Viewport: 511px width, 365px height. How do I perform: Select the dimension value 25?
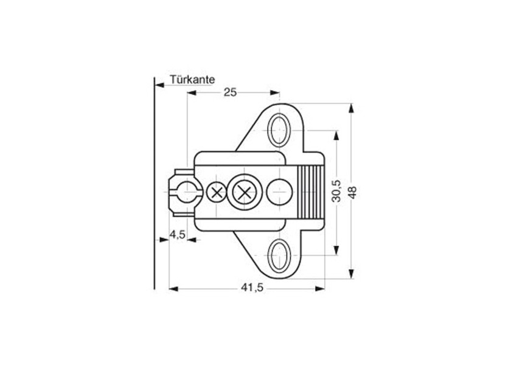tap(230, 92)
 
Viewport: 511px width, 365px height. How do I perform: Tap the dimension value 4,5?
tap(178, 235)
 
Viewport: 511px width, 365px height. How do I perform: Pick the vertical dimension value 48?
tap(352, 191)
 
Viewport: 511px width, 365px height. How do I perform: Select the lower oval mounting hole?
tap(279, 255)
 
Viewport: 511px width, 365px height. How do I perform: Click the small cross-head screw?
tap(216, 193)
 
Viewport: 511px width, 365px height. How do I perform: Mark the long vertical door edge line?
tap(154, 182)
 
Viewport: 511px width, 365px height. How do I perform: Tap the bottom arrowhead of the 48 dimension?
tap(351, 274)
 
